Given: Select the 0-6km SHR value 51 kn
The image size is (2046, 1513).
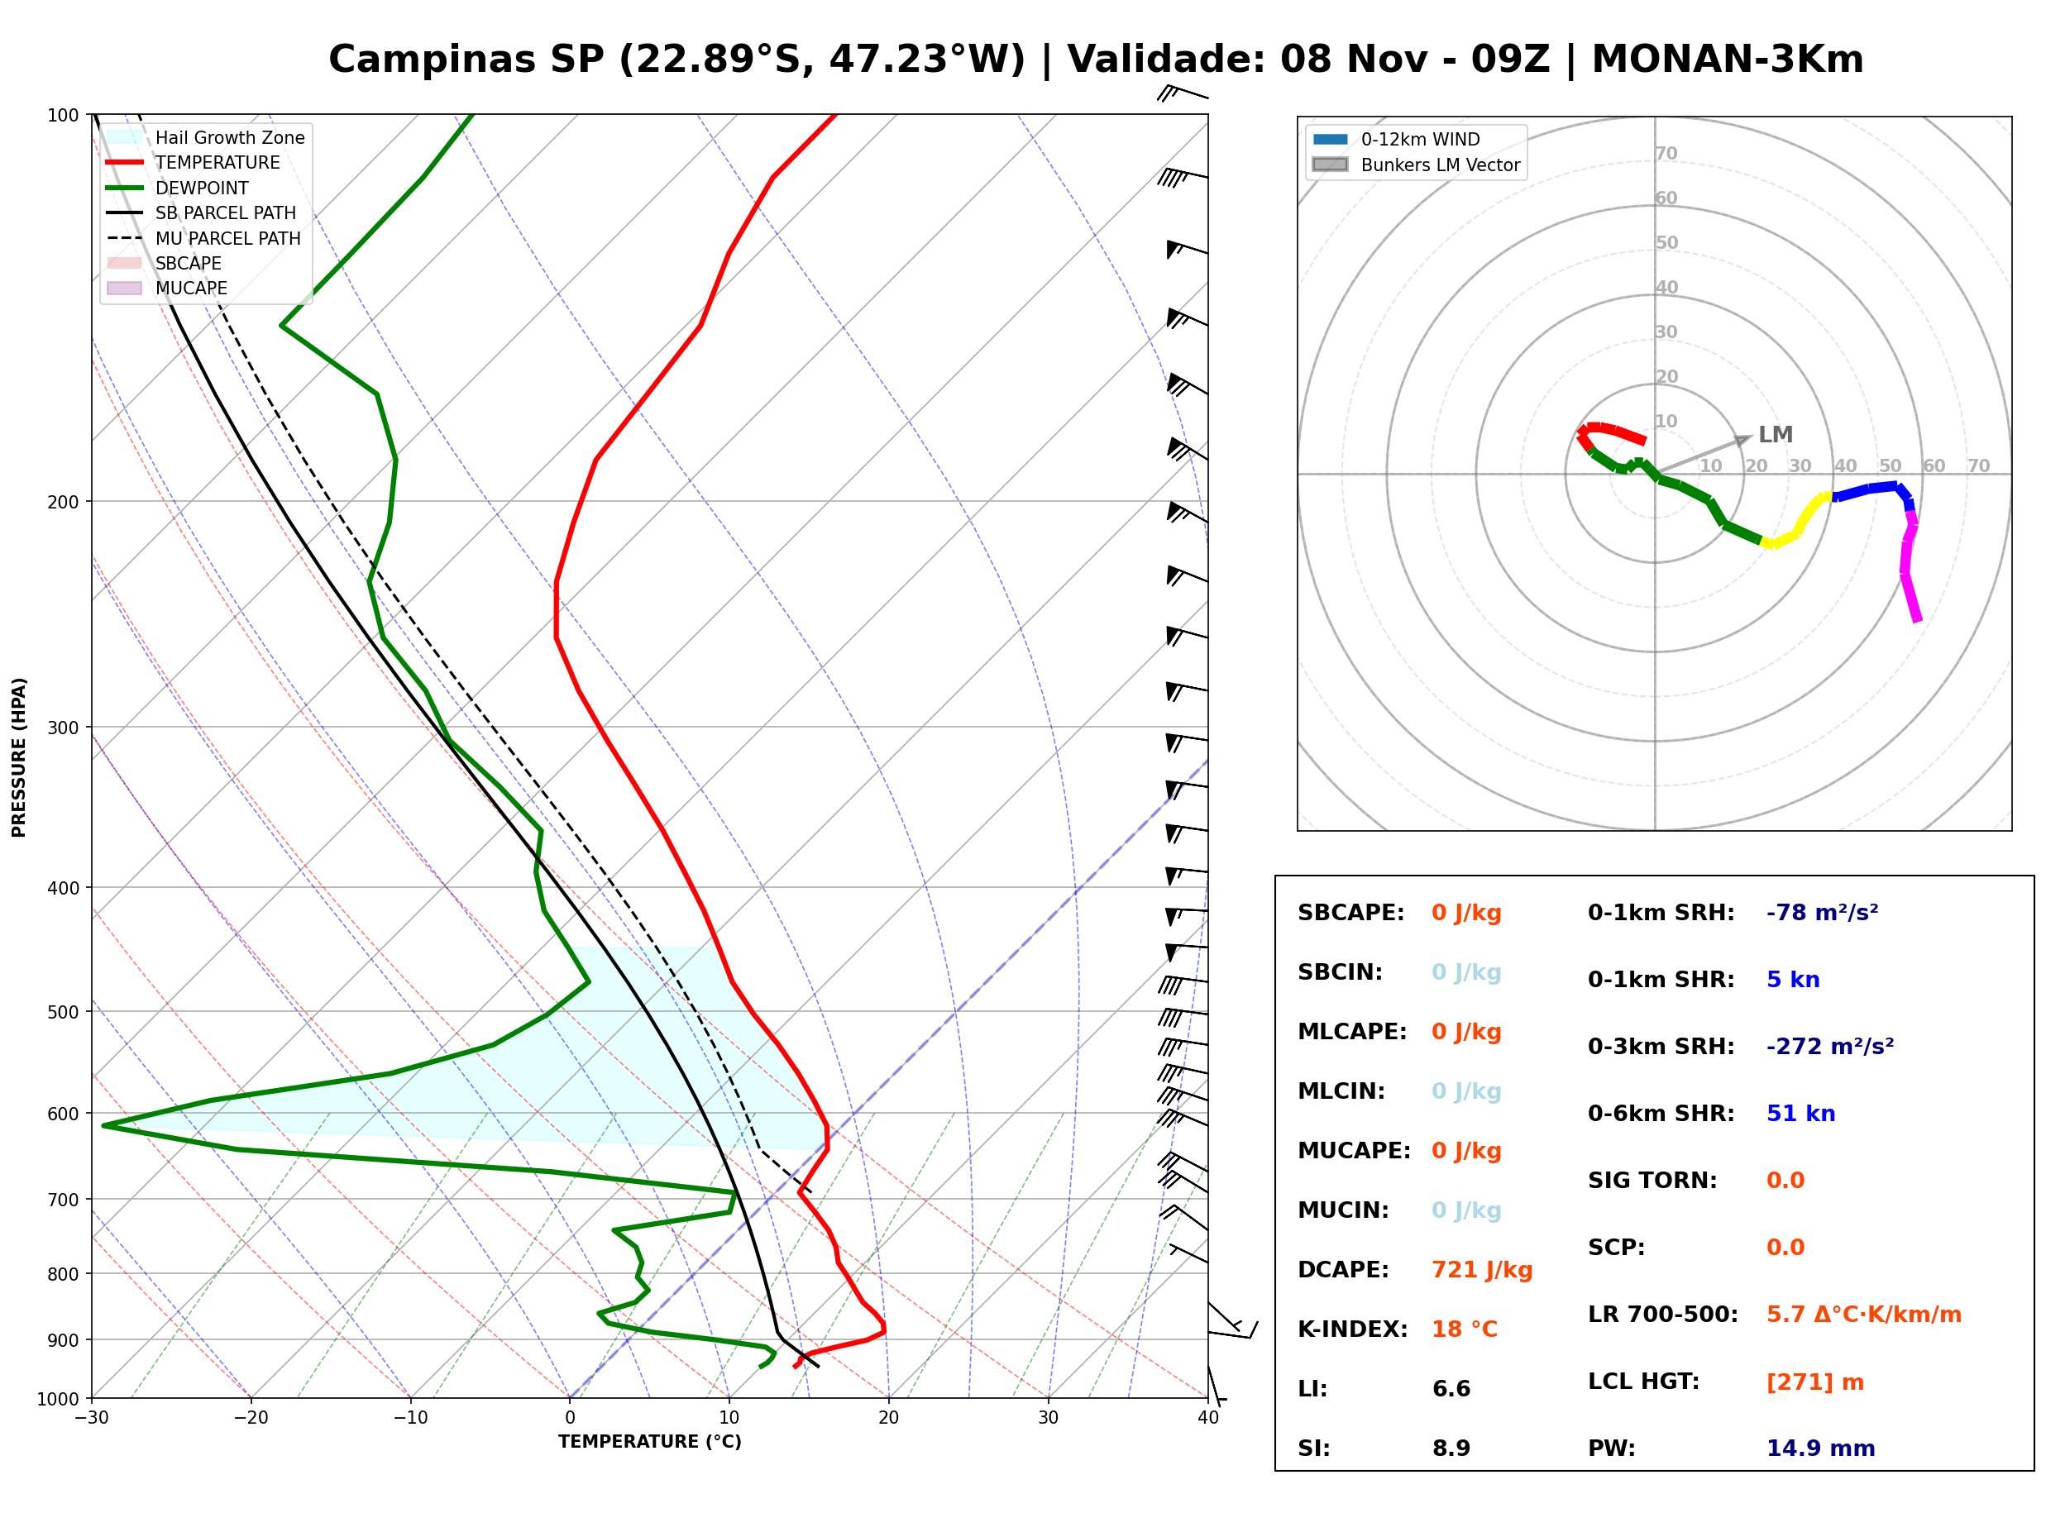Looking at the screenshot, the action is [x=1800, y=1114].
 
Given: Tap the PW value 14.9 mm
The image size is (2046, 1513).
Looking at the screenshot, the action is [x=1821, y=1448].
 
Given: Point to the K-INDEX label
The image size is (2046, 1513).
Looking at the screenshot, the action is [x=1353, y=1329].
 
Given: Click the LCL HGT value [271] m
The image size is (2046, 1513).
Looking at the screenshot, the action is [x=1815, y=1382].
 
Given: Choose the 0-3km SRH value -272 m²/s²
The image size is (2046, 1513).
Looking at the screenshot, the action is [x=1830, y=1046].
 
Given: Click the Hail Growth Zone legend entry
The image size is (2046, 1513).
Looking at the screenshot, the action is [x=206, y=137].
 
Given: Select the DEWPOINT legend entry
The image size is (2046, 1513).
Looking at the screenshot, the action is [x=178, y=188].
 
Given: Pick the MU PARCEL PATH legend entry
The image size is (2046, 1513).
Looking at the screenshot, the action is [x=203, y=238].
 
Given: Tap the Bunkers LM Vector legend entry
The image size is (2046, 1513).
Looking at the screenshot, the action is [x=1416, y=165].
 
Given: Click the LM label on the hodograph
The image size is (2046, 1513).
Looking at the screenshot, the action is [x=1775, y=434].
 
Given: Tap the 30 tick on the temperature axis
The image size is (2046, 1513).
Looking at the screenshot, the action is [x=1049, y=1418].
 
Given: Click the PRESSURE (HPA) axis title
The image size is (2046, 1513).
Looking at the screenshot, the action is [x=18, y=757].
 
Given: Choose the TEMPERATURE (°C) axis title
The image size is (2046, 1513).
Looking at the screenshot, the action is [x=650, y=1442].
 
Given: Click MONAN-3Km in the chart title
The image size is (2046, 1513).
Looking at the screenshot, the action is [x=1728, y=60].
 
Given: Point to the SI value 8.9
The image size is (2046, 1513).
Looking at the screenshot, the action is [x=1451, y=1448].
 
